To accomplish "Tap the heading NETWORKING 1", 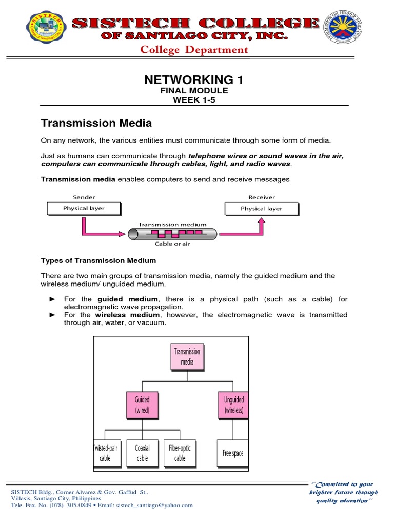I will [194, 79].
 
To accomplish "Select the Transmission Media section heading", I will [96, 123].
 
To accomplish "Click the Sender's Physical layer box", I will [84, 209].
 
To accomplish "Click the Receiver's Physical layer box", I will [261, 209].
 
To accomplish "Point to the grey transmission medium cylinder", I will [172, 233].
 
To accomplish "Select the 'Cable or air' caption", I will [172, 244].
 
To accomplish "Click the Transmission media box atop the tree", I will [187, 356].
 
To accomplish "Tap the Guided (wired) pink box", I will [142, 405].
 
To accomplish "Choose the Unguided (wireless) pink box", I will [233, 405].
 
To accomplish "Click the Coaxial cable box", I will [142, 453].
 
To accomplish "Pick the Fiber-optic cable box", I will [180, 453].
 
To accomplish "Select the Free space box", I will [233, 453].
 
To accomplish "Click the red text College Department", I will [194, 50].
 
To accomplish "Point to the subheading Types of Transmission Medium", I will [98, 260].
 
